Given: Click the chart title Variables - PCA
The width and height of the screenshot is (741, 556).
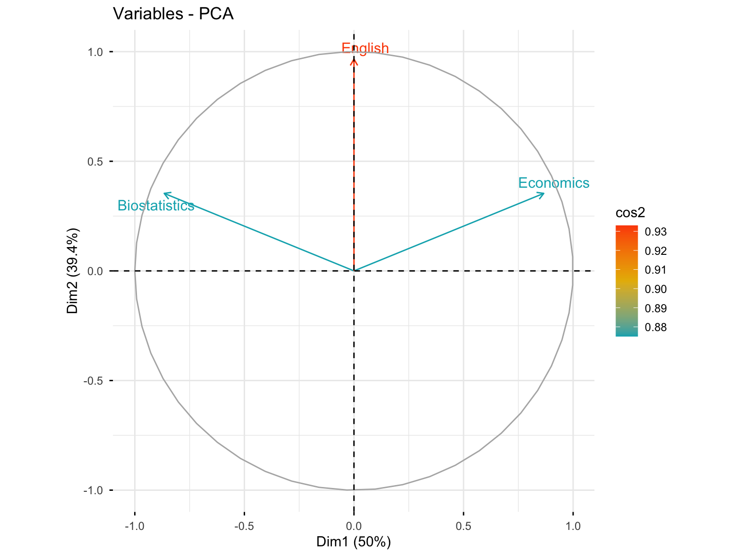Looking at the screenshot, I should point(173,14).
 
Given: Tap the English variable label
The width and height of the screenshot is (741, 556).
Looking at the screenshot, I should point(365,48).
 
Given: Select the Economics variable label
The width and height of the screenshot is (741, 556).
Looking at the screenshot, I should point(554,183).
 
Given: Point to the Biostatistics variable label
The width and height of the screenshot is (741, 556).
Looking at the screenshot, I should point(156,206).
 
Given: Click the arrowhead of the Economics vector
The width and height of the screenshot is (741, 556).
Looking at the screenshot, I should point(544,194).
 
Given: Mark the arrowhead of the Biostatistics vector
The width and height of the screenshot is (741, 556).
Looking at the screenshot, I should point(165,194).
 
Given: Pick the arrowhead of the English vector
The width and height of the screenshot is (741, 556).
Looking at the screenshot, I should point(354,61).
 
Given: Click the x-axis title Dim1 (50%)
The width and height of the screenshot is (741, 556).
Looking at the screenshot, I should point(354,542).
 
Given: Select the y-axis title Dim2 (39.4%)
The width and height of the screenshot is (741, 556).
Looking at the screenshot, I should point(73,270).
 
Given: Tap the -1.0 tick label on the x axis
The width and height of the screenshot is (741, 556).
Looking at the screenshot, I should point(135,526).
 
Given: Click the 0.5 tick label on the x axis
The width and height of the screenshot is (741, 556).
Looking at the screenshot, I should point(464,526).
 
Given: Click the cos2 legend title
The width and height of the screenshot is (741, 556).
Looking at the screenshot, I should point(630,213).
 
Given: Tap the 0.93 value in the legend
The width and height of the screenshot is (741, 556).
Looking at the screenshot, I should point(656,232).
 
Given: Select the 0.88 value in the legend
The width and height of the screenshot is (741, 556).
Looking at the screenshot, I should point(656,327).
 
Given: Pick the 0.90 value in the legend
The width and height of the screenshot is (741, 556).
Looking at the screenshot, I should point(656,289).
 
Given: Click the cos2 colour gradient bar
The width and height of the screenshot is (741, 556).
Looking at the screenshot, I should point(627,280).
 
